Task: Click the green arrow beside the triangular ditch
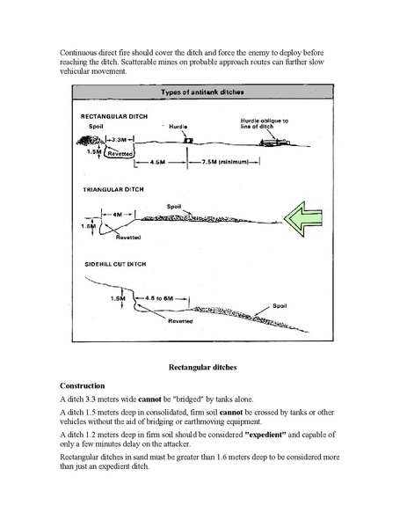coord(303,219)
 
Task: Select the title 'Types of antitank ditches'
coord(202,92)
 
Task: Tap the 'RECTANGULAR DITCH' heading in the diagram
coord(114,116)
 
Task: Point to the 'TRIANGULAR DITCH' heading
coord(113,189)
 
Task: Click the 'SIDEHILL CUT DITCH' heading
coord(115,264)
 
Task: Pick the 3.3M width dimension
coord(120,139)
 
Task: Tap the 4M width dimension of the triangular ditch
coord(118,214)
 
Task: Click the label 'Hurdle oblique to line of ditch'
coord(264,123)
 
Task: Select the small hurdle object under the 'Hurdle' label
coord(188,141)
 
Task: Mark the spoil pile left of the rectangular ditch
coord(90,141)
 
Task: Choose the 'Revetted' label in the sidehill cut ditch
coord(180,321)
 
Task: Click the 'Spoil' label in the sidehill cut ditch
coord(280,306)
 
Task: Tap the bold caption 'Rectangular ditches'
coord(202,367)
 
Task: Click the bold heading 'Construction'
coord(83,385)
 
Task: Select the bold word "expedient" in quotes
coord(265,435)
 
